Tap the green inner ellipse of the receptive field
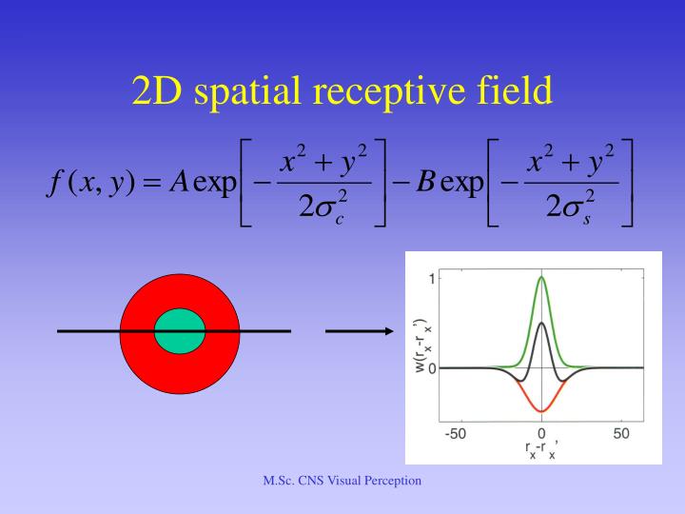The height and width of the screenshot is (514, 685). pos(180,329)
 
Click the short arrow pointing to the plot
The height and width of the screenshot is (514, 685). pos(360,331)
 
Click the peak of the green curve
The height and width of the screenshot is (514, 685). pos(541,278)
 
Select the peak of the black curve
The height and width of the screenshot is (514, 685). pos(541,323)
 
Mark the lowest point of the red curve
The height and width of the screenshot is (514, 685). pos(541,411)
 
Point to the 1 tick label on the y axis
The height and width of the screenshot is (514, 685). pos(431,279)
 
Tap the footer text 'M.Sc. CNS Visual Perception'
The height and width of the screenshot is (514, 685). pos(342,482)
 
